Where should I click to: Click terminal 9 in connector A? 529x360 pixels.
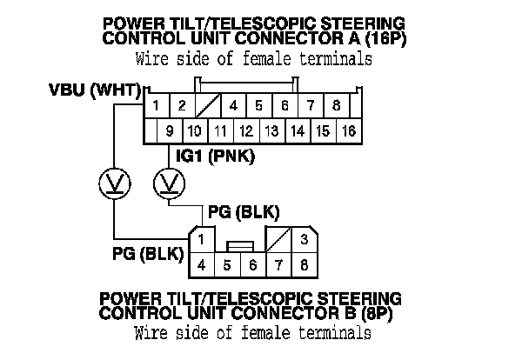point(170,131)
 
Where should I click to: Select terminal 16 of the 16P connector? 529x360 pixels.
point(349,131)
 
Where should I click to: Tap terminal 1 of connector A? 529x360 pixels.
point(156,107)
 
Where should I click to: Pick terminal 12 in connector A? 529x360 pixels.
point(246,131)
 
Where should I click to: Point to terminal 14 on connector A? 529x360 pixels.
point(298,131)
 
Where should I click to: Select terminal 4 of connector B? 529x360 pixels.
point(200,263)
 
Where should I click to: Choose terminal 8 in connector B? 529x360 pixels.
point(304,263)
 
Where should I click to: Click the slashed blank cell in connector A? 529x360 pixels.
point(208,107)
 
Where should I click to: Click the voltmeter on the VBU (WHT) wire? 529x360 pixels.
point(114,183)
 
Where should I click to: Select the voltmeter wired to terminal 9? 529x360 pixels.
point(170,183)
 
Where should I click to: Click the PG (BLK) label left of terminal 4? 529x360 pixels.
point(146,254)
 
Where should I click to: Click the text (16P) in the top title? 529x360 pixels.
point(382,39)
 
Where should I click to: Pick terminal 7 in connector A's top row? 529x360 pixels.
point(311,107)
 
